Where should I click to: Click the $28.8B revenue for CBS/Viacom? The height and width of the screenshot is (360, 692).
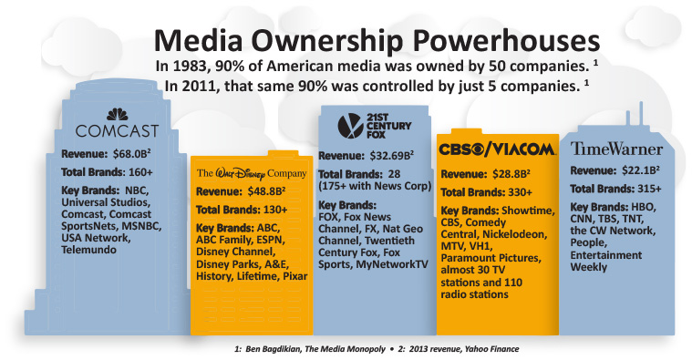[x=525, y=172]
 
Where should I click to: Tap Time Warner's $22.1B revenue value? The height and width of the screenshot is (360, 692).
[x=649, y=172]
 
